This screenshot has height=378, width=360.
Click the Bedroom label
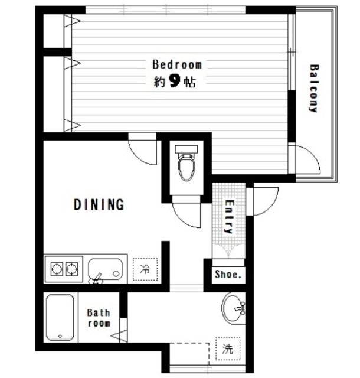click(x=177, y=64)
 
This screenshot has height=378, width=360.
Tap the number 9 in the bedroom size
click(x=175, y=81)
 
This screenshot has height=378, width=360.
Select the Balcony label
click(x=313, y=88)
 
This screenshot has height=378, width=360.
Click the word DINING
click(x=99, y=204)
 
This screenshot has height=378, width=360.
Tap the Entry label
click(x=229, y=217)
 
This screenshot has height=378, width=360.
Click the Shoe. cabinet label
click(x=228, y=274)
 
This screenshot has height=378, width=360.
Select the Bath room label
click(x=99, y=318)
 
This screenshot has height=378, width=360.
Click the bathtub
click(x=60, y=317)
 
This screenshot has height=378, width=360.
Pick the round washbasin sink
click(x=233, y=308)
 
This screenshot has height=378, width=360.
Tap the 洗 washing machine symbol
click(x=228, y=349)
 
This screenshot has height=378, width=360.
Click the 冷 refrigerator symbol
click(x=145, y=269)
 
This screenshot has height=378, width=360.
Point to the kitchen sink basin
click(x=106, y=269)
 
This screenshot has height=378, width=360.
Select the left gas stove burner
click(x=57, y=269)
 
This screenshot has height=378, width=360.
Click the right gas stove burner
click(x=72, y=269)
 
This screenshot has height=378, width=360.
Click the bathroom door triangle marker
click(x=120, y=336)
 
